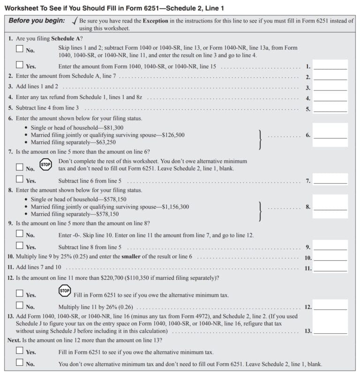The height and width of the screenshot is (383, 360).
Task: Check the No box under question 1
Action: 20,49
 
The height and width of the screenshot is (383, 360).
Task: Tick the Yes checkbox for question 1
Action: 20,65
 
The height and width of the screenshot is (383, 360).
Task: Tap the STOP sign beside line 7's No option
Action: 45,165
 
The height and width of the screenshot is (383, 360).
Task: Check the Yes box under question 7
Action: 20,180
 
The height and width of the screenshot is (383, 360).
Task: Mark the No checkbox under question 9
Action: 20,234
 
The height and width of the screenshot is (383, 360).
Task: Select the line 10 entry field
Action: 330,257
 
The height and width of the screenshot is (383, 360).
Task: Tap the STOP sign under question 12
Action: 65,291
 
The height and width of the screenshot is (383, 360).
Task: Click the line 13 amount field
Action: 330,330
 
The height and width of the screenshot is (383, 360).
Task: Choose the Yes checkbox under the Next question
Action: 20,351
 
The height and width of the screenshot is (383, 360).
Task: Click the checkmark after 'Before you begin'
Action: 74,21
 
